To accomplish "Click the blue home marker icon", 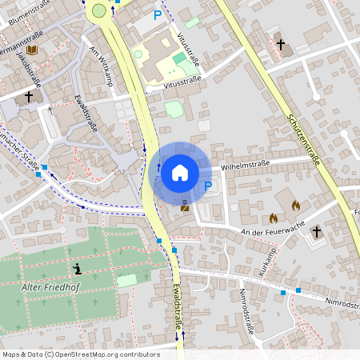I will tap(179, 172).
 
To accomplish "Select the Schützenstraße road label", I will tap(303, 139).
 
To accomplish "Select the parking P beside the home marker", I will tap(208, 186).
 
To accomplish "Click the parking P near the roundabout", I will tap(158, 15).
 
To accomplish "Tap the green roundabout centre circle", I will tap(98, 10).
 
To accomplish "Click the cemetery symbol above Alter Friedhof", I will tap(76, 268).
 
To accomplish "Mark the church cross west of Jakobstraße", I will tap(29, 96).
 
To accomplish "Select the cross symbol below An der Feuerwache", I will tap(316, 231).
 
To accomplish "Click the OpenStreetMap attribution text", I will tap(81, 354).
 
